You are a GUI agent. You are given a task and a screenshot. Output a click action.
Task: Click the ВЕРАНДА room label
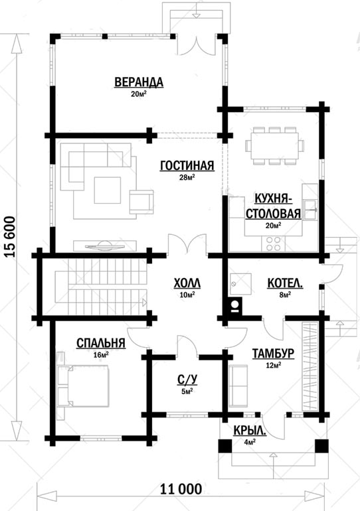click(x=139, y=82)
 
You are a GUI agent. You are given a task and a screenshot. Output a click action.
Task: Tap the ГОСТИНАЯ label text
click(x=187, y=165)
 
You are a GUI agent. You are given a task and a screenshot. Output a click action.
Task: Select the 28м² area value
click(x=187, y=177)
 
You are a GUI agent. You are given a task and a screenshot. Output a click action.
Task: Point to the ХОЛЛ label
click(x=187, y=283)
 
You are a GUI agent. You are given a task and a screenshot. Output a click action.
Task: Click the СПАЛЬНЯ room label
click(x=101, y=343)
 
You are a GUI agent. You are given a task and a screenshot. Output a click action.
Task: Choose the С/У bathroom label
click(x=187, y=380)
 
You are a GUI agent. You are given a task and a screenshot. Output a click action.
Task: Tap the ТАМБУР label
click(x=273, y=353)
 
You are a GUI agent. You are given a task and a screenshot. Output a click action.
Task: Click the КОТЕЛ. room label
click(x=285, y=283)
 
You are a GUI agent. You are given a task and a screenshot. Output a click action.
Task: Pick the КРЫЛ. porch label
click(x=250, y=431)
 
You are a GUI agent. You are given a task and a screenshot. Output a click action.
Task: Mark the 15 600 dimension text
click(x=10, y=237)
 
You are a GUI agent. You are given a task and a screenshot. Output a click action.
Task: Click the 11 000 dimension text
click(x=181, y=489)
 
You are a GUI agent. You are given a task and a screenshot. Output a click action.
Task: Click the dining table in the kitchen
click(x=275, y=145)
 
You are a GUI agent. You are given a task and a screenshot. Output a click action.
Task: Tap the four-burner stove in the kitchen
click(x=273, y=244)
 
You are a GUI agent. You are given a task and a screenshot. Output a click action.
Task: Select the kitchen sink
click(x=310, y=210)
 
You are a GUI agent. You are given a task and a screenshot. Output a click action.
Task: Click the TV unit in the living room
click(x=105, y=246)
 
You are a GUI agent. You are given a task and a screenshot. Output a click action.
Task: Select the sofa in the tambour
click(x=238, y=386)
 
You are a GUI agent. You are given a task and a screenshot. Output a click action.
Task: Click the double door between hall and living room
click(x=187, y=244)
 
